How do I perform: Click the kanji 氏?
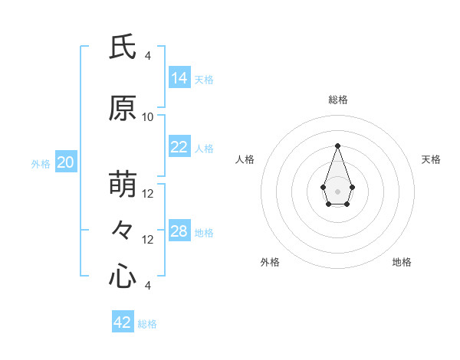point(123,47)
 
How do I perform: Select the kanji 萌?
point(123,185)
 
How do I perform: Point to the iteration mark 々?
point(123,230)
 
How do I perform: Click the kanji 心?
point(123,276)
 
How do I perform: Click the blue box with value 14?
point(179,78)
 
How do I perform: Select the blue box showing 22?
point(179,147)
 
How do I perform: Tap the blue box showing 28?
point(179,231)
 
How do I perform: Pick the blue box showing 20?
point(66,162)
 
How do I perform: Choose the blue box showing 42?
point(123,322)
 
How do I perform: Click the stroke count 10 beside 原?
point(148,117)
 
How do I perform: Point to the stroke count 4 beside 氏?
point(148,56)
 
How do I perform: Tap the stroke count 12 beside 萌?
point(148,194)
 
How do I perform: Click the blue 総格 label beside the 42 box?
point(147,324)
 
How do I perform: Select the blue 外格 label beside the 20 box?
point(41,163)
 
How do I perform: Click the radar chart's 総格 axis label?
point(337,100)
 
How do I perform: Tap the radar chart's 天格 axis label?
point(431,159)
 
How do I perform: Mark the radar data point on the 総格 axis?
point(337,145)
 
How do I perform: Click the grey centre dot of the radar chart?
point(337,190)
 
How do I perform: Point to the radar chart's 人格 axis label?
point(245,159)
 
